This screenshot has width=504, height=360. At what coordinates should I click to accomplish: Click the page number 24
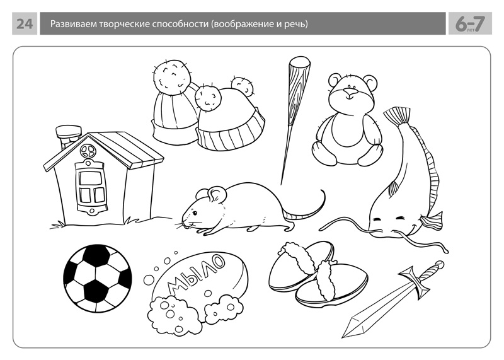[25, 24]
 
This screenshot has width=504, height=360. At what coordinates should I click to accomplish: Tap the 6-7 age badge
[469, 23]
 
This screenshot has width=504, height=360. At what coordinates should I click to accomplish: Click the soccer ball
[98, 278]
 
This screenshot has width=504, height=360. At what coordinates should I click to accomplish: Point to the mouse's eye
[195, 213]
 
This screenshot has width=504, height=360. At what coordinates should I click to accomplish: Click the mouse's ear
[215, 194]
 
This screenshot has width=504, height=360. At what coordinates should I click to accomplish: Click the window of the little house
[91, 187]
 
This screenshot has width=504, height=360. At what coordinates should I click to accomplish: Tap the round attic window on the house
[88, 150]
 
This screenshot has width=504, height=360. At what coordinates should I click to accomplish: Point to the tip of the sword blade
[342, 337]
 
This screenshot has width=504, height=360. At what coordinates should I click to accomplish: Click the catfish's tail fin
[398, 116]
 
